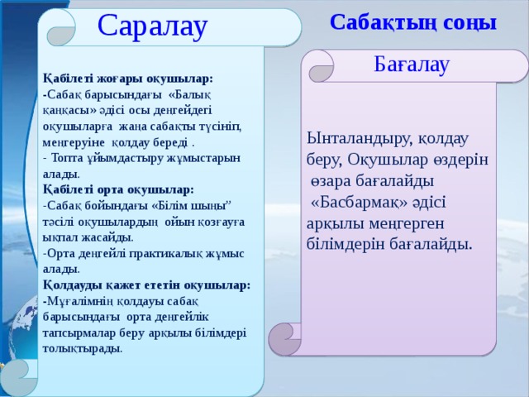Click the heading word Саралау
click(152, 26)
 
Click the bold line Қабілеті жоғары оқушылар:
click(128, 78)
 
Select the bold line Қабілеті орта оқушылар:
click(118, 189)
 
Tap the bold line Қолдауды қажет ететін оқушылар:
click(146, 284)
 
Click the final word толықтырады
click(83, 347)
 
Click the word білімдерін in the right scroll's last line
click(345, 245)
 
